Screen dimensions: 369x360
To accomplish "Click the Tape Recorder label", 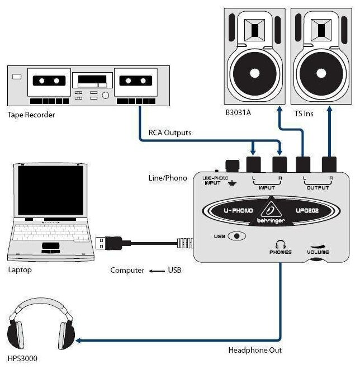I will point(31,115).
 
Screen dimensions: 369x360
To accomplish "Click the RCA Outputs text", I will point(169,133).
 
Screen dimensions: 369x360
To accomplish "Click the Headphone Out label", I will point(255,351).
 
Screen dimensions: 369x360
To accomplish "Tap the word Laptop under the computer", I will point(20,270).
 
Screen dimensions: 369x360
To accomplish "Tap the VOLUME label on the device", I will point(317,252).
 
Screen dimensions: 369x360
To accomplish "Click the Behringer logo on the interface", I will point(273,211).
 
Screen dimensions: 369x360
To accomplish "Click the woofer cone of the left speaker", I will point(254,73).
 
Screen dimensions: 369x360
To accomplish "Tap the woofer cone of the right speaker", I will point(321,73).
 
